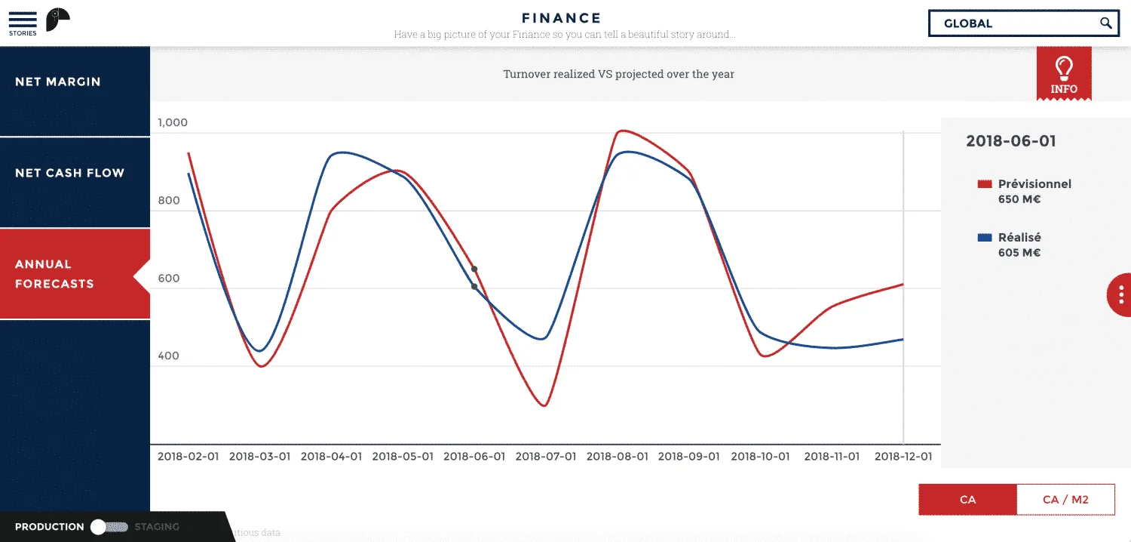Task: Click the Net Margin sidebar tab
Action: [58, 82]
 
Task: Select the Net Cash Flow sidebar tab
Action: [69, 173]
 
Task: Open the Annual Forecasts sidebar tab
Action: [54, 274]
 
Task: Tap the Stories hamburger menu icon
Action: [23, 20]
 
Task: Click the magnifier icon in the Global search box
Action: [1106, 23]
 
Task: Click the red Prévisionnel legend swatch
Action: [984, 184]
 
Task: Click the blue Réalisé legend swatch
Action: [984, 238]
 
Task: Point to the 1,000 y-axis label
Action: [173, 122]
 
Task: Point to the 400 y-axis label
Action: [168, 356]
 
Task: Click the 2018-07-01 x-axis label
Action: [546, 457]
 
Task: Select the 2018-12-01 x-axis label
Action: [903, 457]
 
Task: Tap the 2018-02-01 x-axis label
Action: [188, 457]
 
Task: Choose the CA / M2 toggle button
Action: [1065, 499]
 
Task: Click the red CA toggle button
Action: [967, 499]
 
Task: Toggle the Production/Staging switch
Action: [109, 527]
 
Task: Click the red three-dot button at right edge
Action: [1121, 294]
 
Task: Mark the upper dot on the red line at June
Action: [474, 269]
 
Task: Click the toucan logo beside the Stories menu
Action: [57, 20]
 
